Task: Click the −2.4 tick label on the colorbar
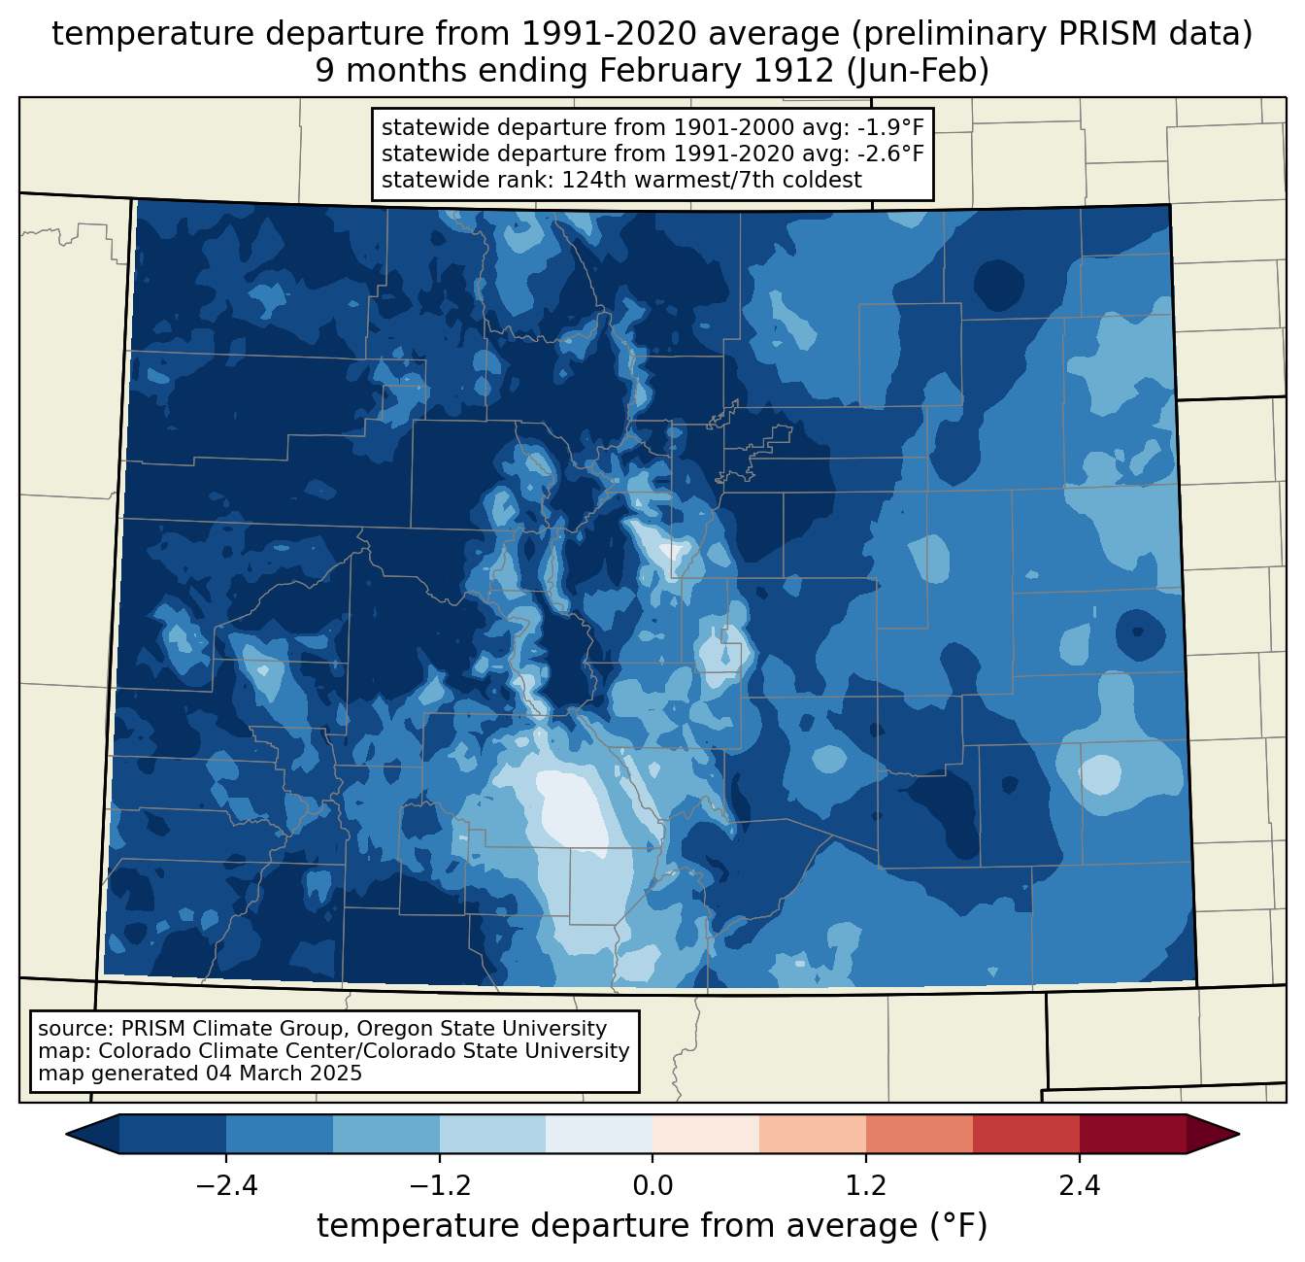click(x=226, y=1186)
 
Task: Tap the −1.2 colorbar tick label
click(x=440, y=1186)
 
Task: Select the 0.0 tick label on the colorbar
click(x=652, y=1186)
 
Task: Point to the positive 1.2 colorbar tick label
click(x=866, y=1186)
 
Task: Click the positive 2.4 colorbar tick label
click(x=1080, y=1186)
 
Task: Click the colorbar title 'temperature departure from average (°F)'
click(x=652, y=1226)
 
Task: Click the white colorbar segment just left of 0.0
click(x=599, y=1134)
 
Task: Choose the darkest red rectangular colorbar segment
click(x=1132, y=1134)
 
